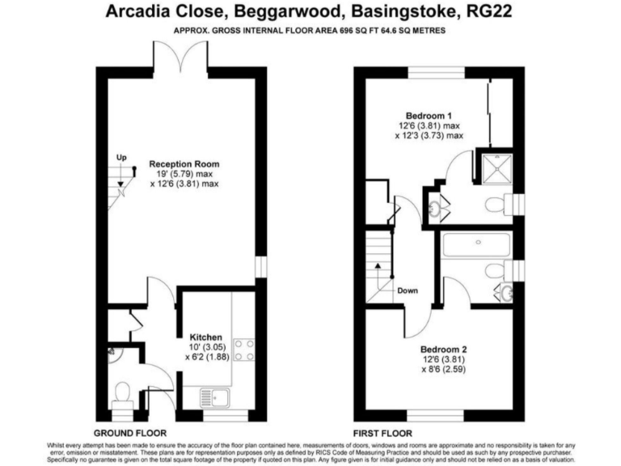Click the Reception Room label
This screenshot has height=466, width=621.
[184, 164]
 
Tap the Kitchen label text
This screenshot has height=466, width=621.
[205, 337]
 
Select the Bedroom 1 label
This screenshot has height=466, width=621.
[429, 115]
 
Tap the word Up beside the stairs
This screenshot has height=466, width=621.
[121, 157]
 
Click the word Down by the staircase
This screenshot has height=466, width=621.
[408, 290]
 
